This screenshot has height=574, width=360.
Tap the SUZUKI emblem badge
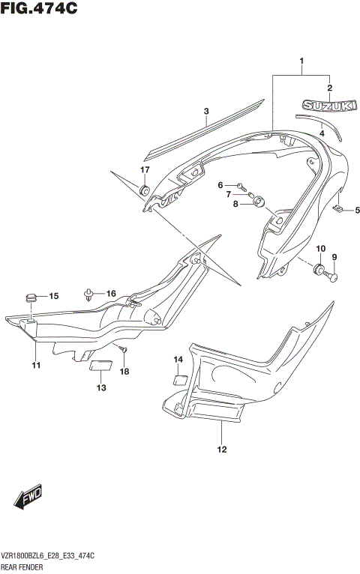click(x=328, y=107)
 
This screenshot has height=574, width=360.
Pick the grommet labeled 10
click(x=319, y=268)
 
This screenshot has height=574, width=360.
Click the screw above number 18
click(x=124, y=350)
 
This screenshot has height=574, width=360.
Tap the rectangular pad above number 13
click(x=100, y=366)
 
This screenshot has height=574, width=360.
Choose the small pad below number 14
click(x=180, y=378)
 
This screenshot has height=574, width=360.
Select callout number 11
click(x=35, y=365)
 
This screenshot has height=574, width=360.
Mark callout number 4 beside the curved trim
click(x=322, y=133)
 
